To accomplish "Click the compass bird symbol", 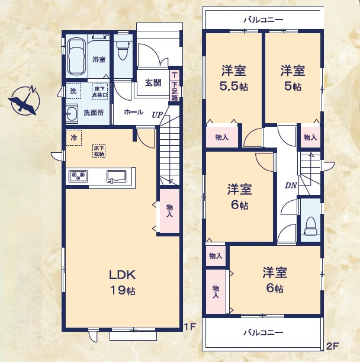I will click(x=24, y=101).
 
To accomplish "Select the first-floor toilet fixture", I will click(x=123, y=52).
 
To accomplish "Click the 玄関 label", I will click(x=153, y=83).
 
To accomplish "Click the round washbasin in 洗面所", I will click(x=72, y=113).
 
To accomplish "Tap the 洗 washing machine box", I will click(x=73, y=91).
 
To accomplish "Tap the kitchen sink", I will click(x=116, y=176).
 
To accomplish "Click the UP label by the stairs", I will click(x=157, y=115).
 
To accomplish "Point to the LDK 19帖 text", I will click(x=123, y=282).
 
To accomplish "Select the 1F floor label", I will click(x=189, y=326).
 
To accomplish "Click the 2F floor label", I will click(x=332, y=345).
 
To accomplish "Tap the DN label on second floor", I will click(x=291, y=185).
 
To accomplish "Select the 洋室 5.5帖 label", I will click(x=234, y=78).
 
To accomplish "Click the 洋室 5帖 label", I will click(x=292, y=78).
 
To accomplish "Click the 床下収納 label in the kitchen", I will click(x=99, y=152).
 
